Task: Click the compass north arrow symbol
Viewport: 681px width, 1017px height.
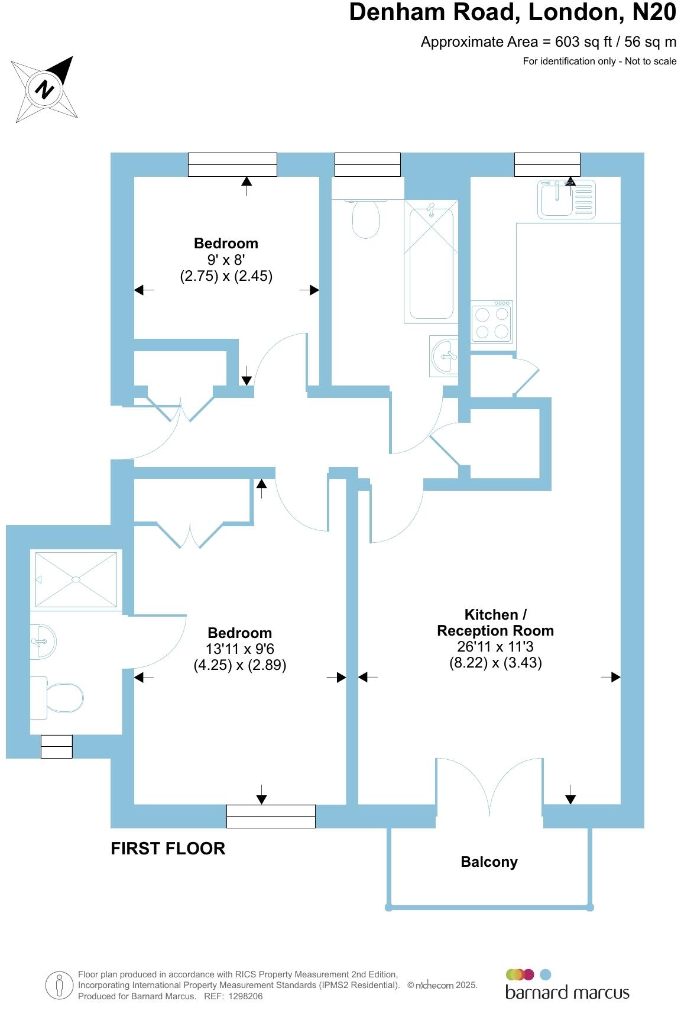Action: tap(45, 89)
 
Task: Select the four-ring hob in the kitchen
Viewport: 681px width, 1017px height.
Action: tap(491, 322)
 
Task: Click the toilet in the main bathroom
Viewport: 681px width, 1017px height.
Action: tap(366, 218)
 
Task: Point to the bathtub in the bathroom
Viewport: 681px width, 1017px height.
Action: tap(432, 261)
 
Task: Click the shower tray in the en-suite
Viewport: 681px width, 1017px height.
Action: tap(76, 579)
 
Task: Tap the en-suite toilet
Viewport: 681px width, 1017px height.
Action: tap(59, 697)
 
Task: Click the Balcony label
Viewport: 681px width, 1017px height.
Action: tap(489, 862)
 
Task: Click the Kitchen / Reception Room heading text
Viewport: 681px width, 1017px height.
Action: tap(495, 623)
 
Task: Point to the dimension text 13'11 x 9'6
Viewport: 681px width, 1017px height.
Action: tap(240, 649)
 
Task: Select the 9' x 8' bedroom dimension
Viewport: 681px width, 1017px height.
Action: tap(226, 260)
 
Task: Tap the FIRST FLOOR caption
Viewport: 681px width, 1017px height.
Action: tap(168, 848)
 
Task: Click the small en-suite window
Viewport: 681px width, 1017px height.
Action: tap(57, 746)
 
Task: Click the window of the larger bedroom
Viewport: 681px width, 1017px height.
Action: tap(271, 816)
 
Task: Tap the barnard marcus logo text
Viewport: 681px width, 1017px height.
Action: tap(567, 992)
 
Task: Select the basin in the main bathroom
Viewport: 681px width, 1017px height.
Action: tap(445, 356)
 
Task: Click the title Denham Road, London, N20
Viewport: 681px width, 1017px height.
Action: tap(512, 12)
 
